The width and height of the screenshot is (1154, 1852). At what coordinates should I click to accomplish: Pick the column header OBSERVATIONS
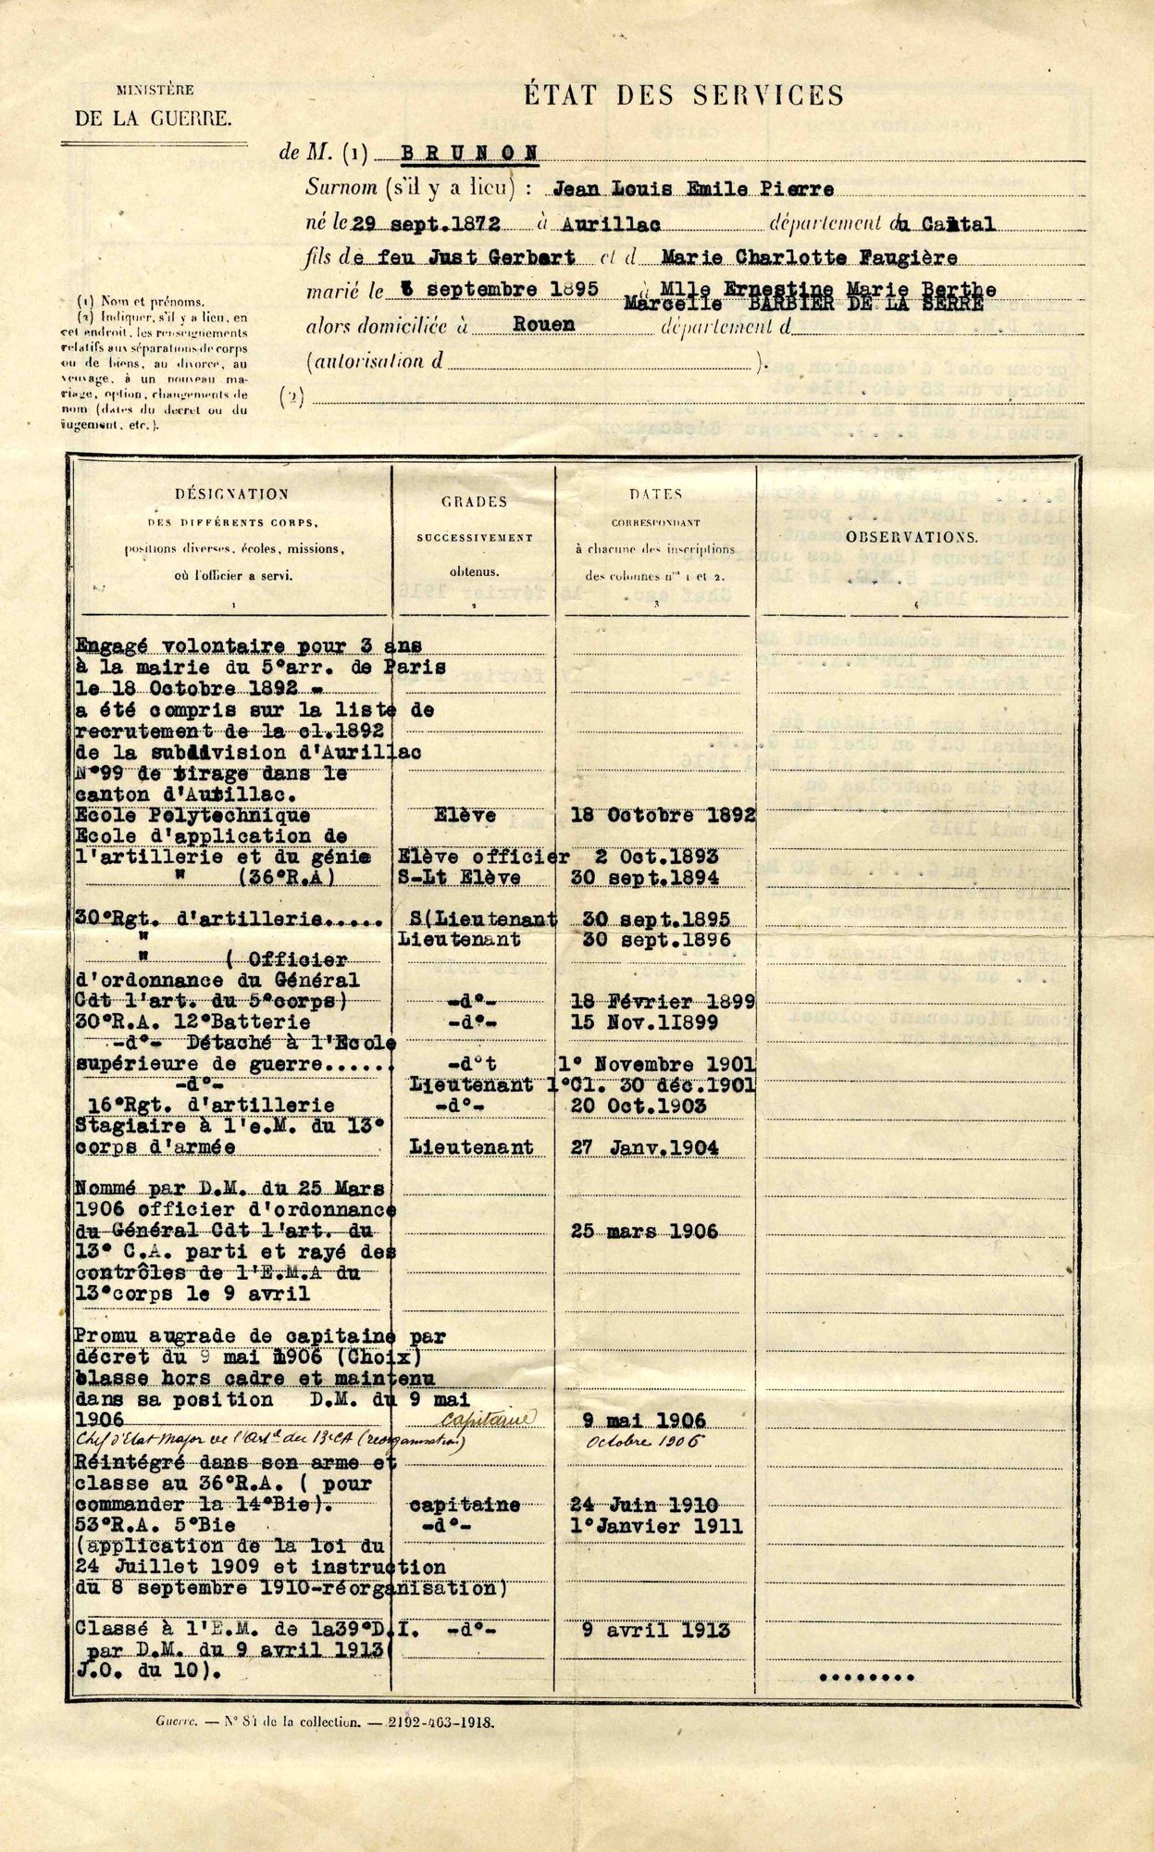[911, 536]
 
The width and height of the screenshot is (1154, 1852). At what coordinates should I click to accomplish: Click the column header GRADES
[473, 502]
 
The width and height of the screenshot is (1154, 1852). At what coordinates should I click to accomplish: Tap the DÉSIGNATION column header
[231, 494]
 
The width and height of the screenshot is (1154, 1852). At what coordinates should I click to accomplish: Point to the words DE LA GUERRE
[153, 119]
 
